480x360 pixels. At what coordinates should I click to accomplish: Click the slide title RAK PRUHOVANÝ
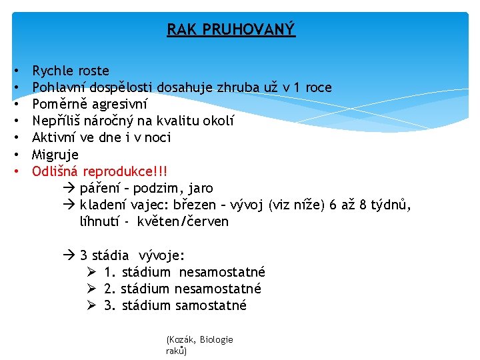(231, 30)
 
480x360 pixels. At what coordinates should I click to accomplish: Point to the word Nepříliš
(57, 121)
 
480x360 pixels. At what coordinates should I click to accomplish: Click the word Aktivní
(55, 138)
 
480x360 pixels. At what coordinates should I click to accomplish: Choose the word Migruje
(55, 155)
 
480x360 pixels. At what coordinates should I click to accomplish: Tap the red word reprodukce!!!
(121, 171)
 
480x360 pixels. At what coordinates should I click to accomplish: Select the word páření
(101, 188)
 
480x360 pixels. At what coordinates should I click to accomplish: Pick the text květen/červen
(183, 221)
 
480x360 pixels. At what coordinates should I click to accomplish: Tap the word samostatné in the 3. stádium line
(211, 305)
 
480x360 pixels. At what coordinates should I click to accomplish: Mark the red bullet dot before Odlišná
(15, 171)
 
